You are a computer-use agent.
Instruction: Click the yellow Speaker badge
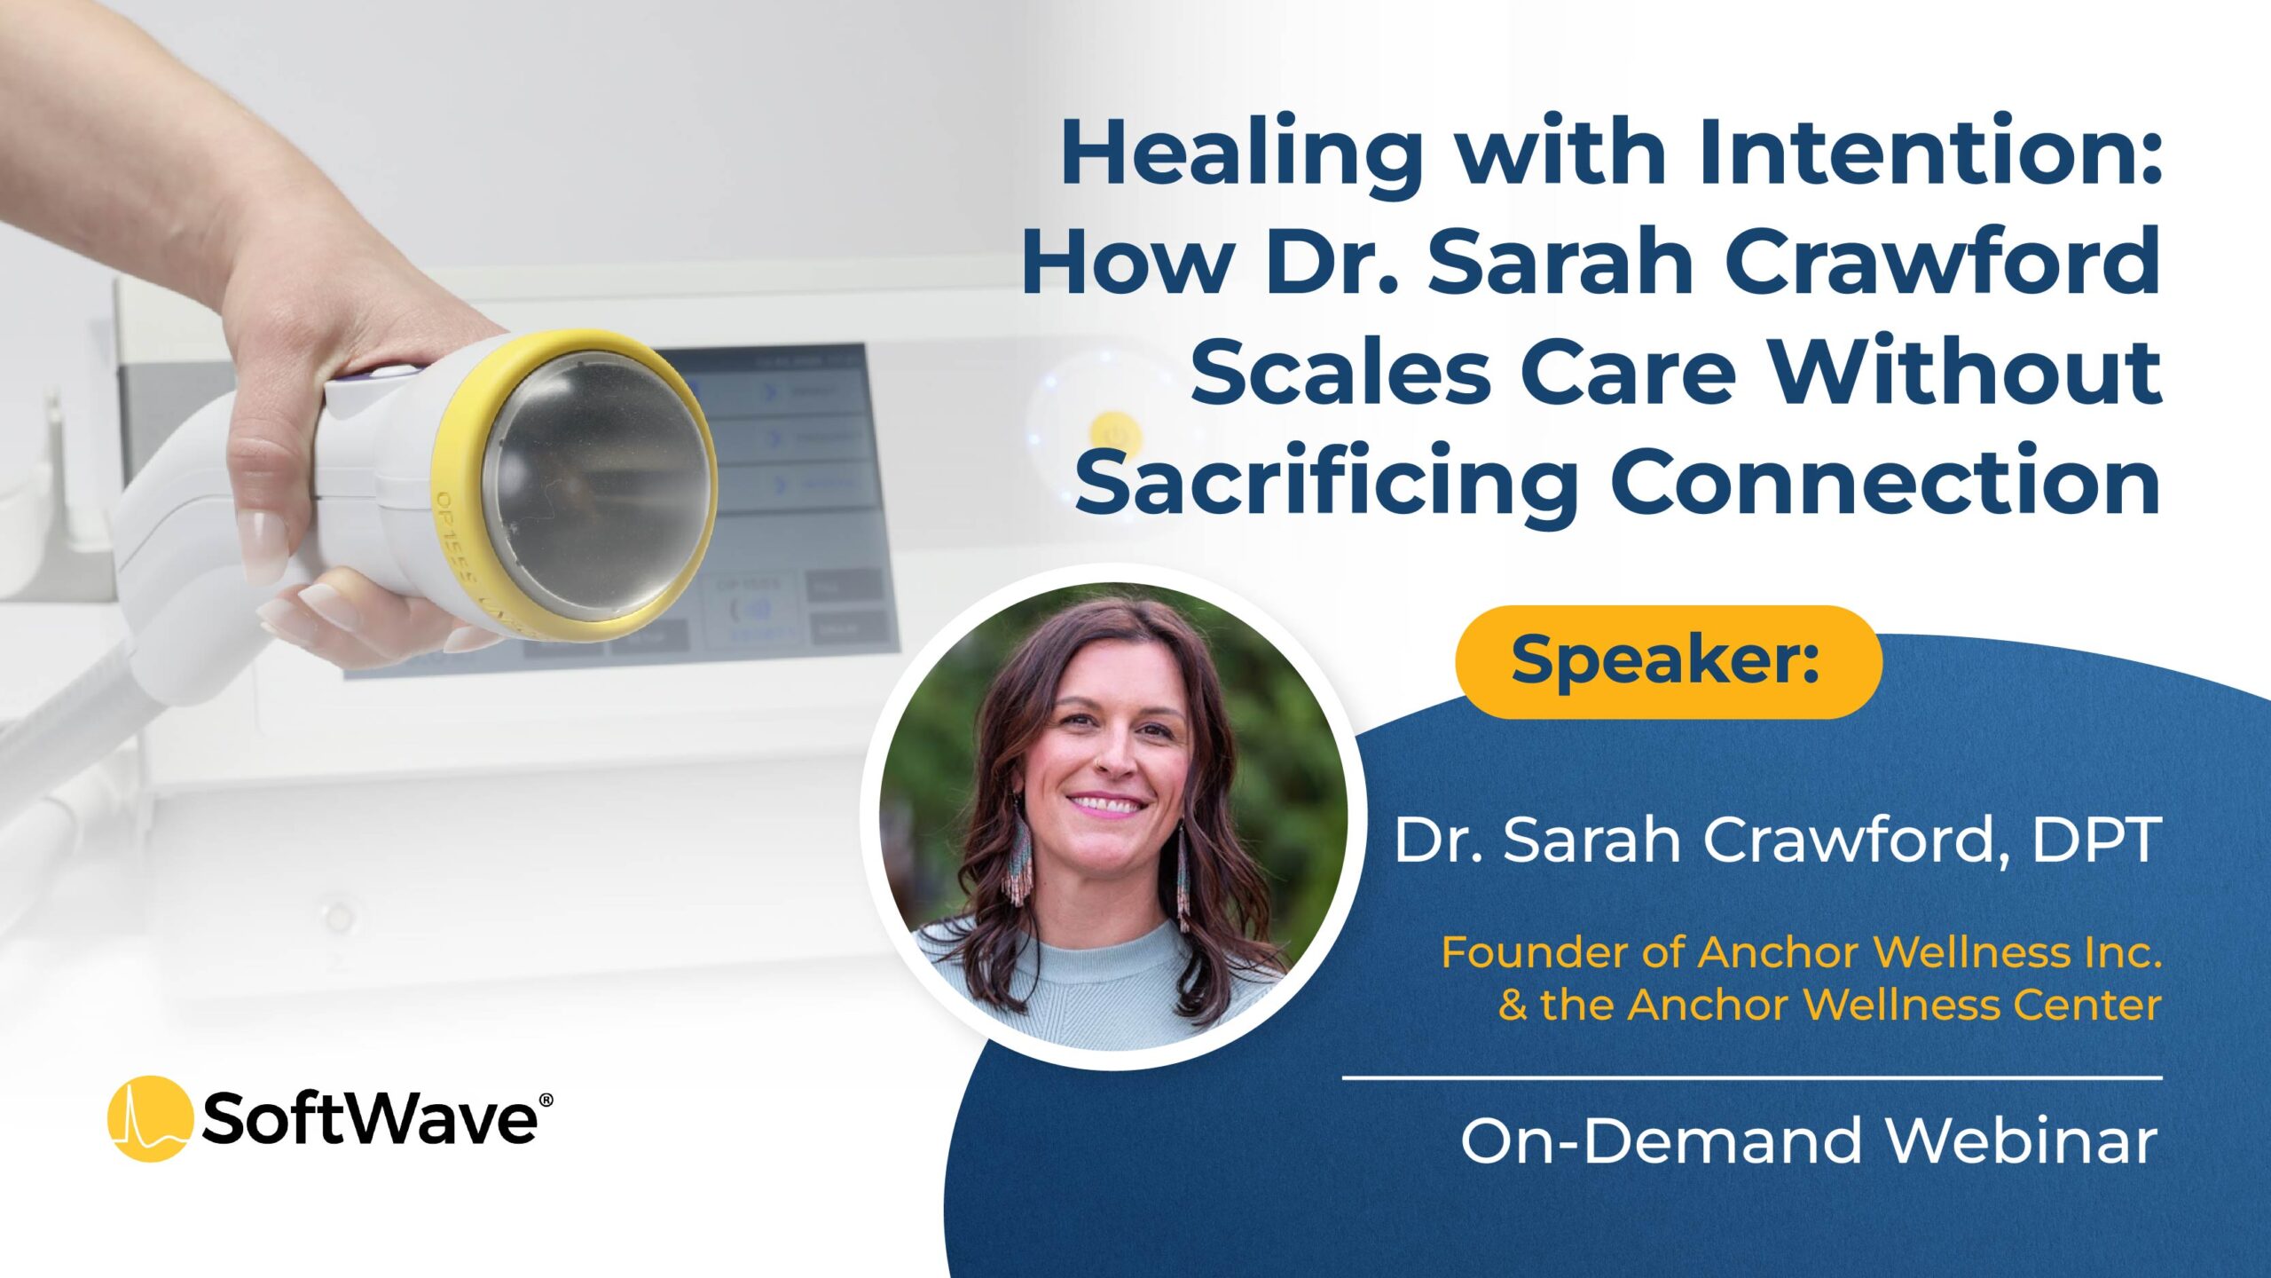tap(1668, 661)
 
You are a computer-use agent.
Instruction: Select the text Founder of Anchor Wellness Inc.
tap(1801, 952)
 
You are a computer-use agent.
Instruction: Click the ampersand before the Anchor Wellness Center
tap(1513, 1006)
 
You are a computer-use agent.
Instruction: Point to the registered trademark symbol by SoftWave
tap(546, 1100)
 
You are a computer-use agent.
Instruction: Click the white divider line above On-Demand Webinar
tap(1752, 1078)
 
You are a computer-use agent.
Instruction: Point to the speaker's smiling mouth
tap(1107, 806)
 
